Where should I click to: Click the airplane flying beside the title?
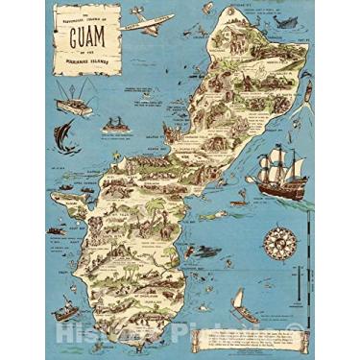tap(148, 20)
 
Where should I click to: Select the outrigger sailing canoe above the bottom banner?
tap(244, 308)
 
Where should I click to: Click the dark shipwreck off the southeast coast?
tap(204, 252)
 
